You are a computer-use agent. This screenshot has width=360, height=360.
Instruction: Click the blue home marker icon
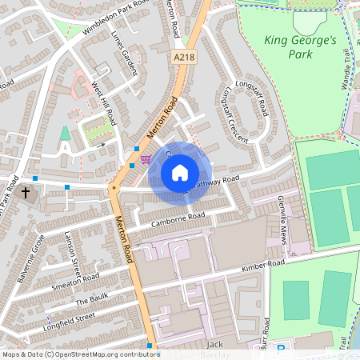(x=180, y=173)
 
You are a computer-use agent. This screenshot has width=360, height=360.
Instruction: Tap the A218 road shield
(x=182, y=57)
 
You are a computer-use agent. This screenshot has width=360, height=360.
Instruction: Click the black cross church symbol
(x=26, y=193)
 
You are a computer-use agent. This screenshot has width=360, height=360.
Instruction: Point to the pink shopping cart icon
(x=145, y=160)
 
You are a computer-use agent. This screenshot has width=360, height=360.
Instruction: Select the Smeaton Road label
(x=75, y=281)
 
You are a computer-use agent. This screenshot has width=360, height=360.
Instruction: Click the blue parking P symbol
(x=280, y=350)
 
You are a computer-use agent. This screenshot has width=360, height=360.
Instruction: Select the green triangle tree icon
(x=65, y=134)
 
